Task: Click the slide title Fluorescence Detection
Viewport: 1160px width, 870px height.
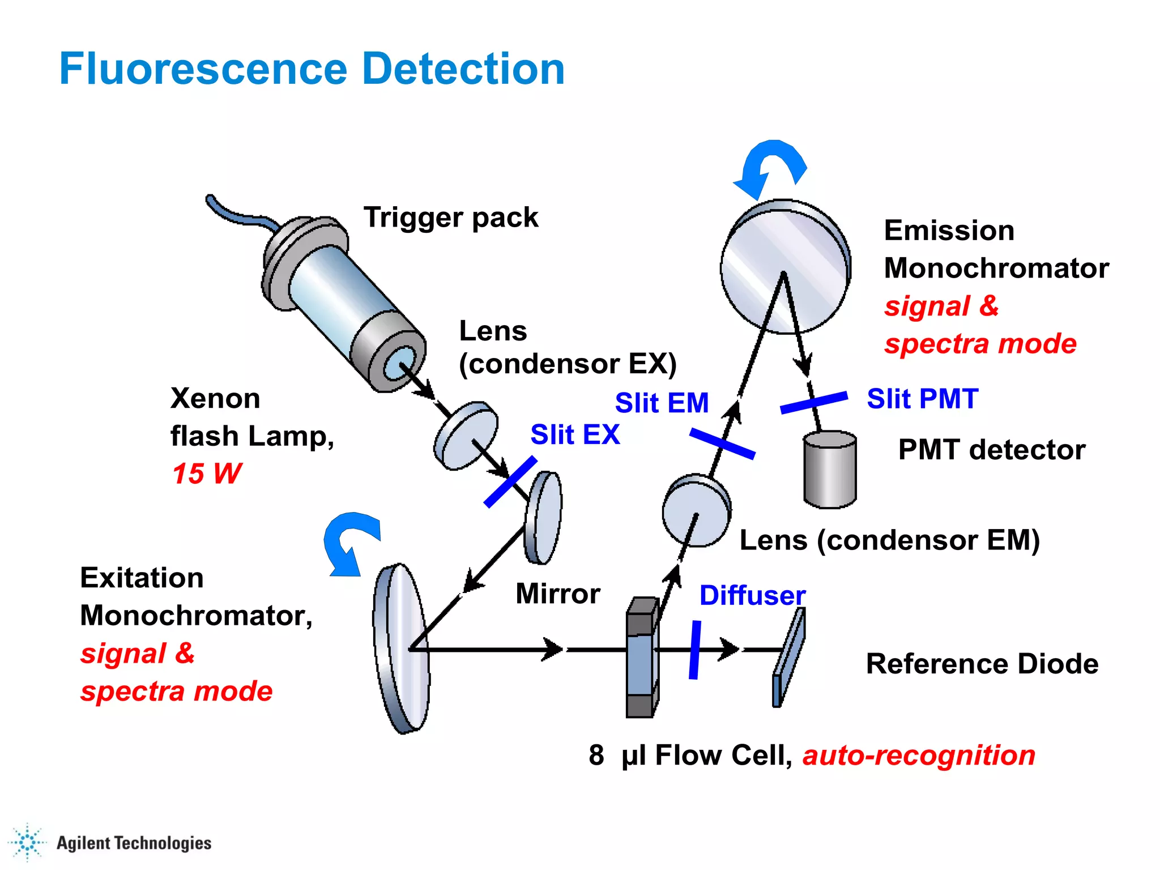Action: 312,69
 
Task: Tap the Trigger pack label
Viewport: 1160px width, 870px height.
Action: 451,217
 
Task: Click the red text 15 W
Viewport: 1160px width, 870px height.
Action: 207,474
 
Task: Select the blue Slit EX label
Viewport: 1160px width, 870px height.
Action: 575,435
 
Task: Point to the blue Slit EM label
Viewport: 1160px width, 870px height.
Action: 662,403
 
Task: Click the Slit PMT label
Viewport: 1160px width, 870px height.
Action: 923,399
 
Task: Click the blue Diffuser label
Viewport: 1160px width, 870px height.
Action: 752,595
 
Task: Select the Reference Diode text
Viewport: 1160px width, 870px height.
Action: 982,664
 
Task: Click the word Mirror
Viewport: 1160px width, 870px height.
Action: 558,594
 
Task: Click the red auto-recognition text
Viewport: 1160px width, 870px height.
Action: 919,756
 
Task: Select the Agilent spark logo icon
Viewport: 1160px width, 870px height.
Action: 27,842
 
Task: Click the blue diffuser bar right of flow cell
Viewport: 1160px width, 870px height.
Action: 695,650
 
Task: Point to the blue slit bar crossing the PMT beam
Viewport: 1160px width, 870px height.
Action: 814,402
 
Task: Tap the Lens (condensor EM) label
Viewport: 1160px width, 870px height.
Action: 890,540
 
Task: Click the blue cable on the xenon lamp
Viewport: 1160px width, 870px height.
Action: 238,216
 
